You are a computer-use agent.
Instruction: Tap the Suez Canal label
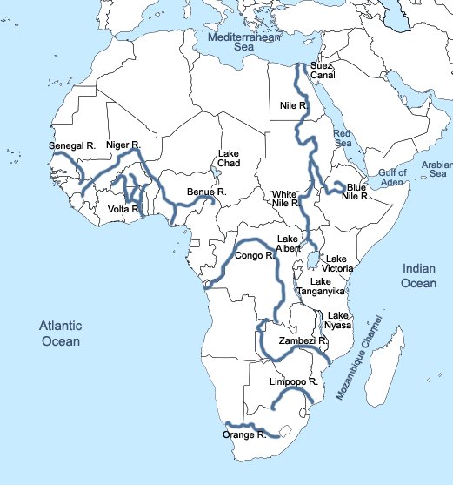coord(323,70)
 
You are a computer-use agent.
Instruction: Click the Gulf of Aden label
coord(392,178)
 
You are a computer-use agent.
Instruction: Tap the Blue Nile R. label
coord(356,192)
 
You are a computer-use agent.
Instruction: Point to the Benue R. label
coord(206,192)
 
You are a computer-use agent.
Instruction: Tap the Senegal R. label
coord(71,147)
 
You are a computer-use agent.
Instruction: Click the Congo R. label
coord(254,256)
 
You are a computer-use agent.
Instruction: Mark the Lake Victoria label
coord(337,264)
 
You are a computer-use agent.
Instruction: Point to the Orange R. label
coord(244,434)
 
